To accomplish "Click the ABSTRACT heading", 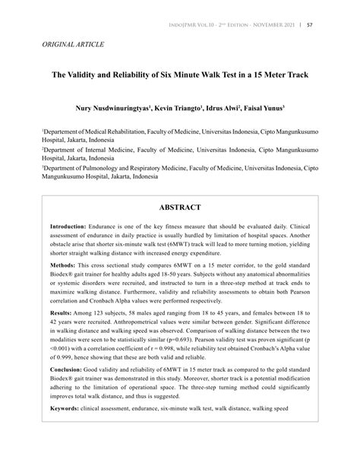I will [x=180, y=207].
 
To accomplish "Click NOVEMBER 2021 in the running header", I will [x=269, y=25].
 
